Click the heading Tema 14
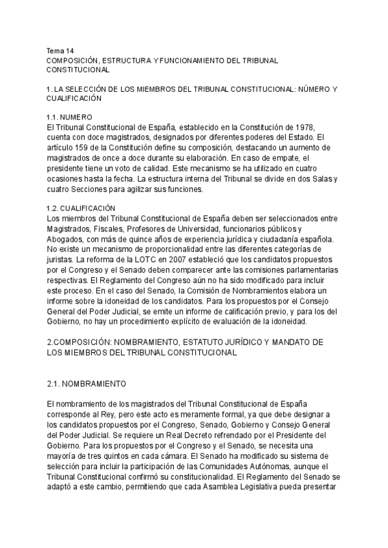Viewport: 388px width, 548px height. [61, 50]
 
